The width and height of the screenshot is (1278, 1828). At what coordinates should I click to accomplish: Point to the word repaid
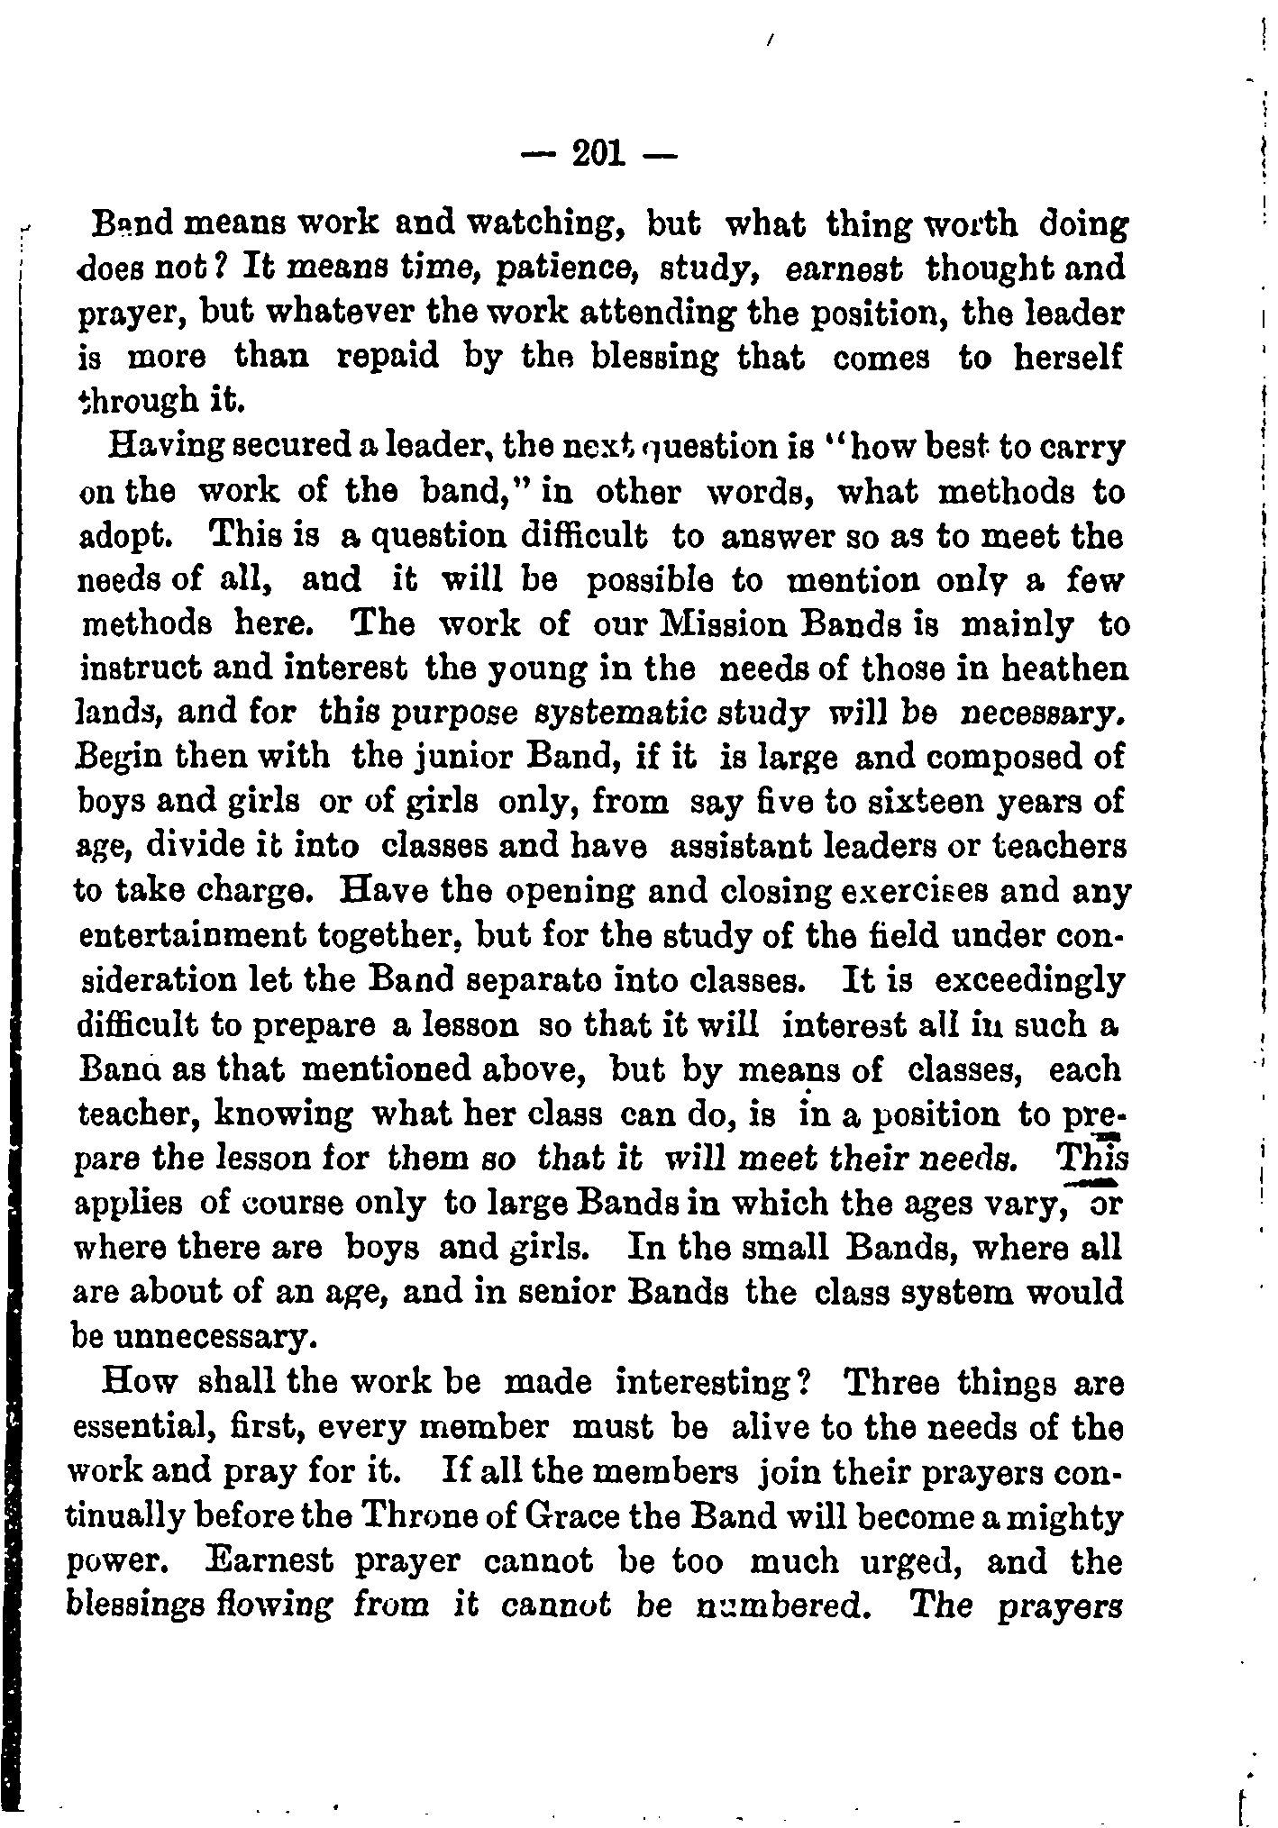(388, 357)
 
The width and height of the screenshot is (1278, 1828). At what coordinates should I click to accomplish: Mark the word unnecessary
(192, 1336)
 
